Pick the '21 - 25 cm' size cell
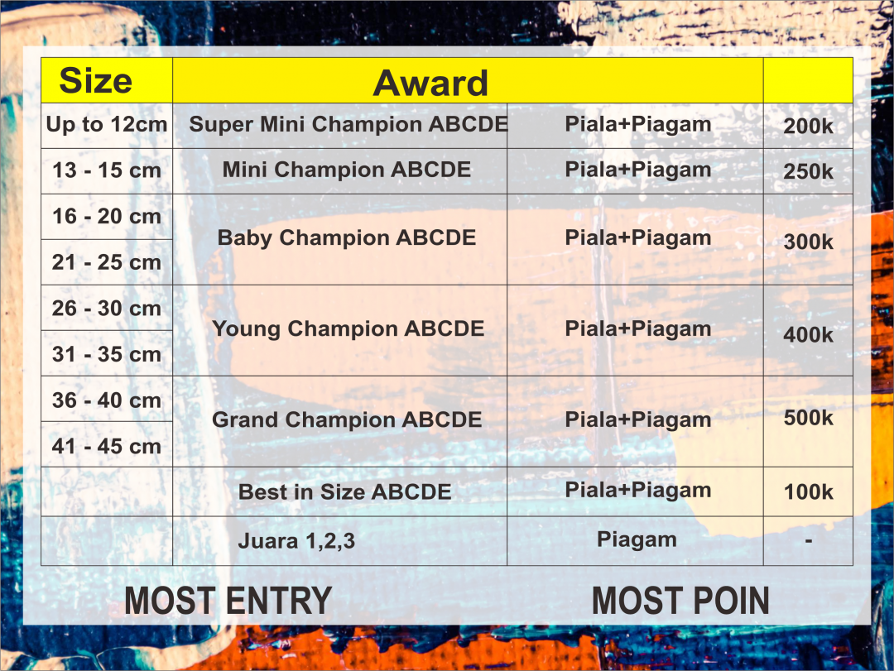pos(107,262)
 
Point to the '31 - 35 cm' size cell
pos(107,354)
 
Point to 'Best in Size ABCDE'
pos(345,492)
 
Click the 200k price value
pos(809,126)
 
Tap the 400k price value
pos(809,334)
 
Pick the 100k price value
pos(809,492)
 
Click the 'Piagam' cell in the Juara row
pos(637,540)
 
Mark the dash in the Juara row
pos(809,540)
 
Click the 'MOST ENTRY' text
pos(228,601)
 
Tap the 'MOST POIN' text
pos(680,601)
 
